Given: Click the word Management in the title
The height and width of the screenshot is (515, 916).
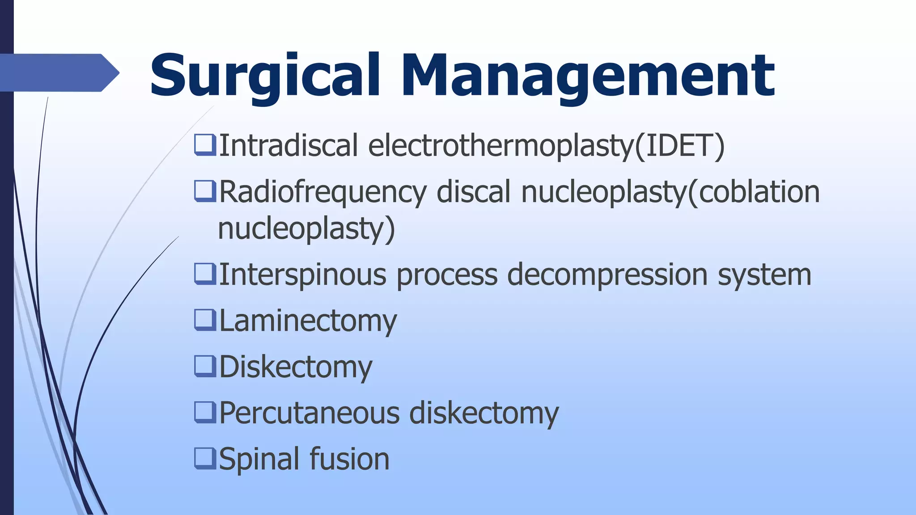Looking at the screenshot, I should (x=588, y=76).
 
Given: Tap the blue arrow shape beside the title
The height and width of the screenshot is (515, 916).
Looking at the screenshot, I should (x=58, y=72).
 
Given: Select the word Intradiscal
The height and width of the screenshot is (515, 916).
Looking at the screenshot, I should (x=288, y=146).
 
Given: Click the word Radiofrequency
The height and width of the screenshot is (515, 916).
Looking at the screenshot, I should (x=322, y=192).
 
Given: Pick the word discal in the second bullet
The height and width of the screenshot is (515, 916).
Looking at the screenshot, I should (x=473, y=192).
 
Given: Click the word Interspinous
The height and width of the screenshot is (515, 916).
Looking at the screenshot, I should (x=302, y=274).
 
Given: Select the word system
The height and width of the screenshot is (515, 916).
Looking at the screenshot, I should (x=764, y=274).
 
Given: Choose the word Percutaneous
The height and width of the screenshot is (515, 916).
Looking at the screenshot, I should (x=309, y=413).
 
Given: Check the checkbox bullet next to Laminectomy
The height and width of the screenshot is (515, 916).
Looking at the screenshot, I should (x=205, y=320).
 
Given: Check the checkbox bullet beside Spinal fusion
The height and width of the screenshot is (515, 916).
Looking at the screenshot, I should (x=205, y=458).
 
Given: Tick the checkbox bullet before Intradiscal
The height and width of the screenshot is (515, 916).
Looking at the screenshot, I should (x=205, y=145).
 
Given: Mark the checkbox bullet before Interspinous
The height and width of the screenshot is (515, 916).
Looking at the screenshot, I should (x=205, y=274).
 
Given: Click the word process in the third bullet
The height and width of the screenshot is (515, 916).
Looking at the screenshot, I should (x=447, y=274).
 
